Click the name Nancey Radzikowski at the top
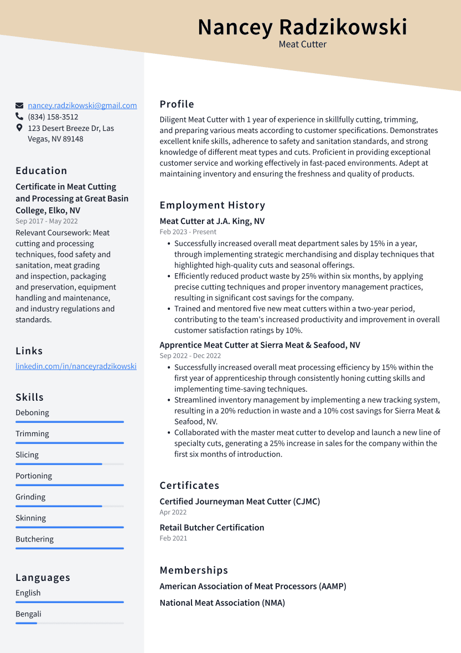302,27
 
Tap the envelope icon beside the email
19,105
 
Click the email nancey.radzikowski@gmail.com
82,105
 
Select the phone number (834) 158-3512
53,117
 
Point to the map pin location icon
19,128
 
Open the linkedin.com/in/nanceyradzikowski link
76,366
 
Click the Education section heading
42,171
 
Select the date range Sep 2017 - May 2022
46,221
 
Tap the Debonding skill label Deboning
32,412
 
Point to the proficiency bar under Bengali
69,623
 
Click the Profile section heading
177,104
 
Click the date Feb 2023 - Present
188,232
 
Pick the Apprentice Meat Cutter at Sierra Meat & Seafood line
260,345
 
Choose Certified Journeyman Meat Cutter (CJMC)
240,501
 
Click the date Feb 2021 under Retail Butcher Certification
173,538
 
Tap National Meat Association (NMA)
222,603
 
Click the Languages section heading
43,578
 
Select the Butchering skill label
34,539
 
